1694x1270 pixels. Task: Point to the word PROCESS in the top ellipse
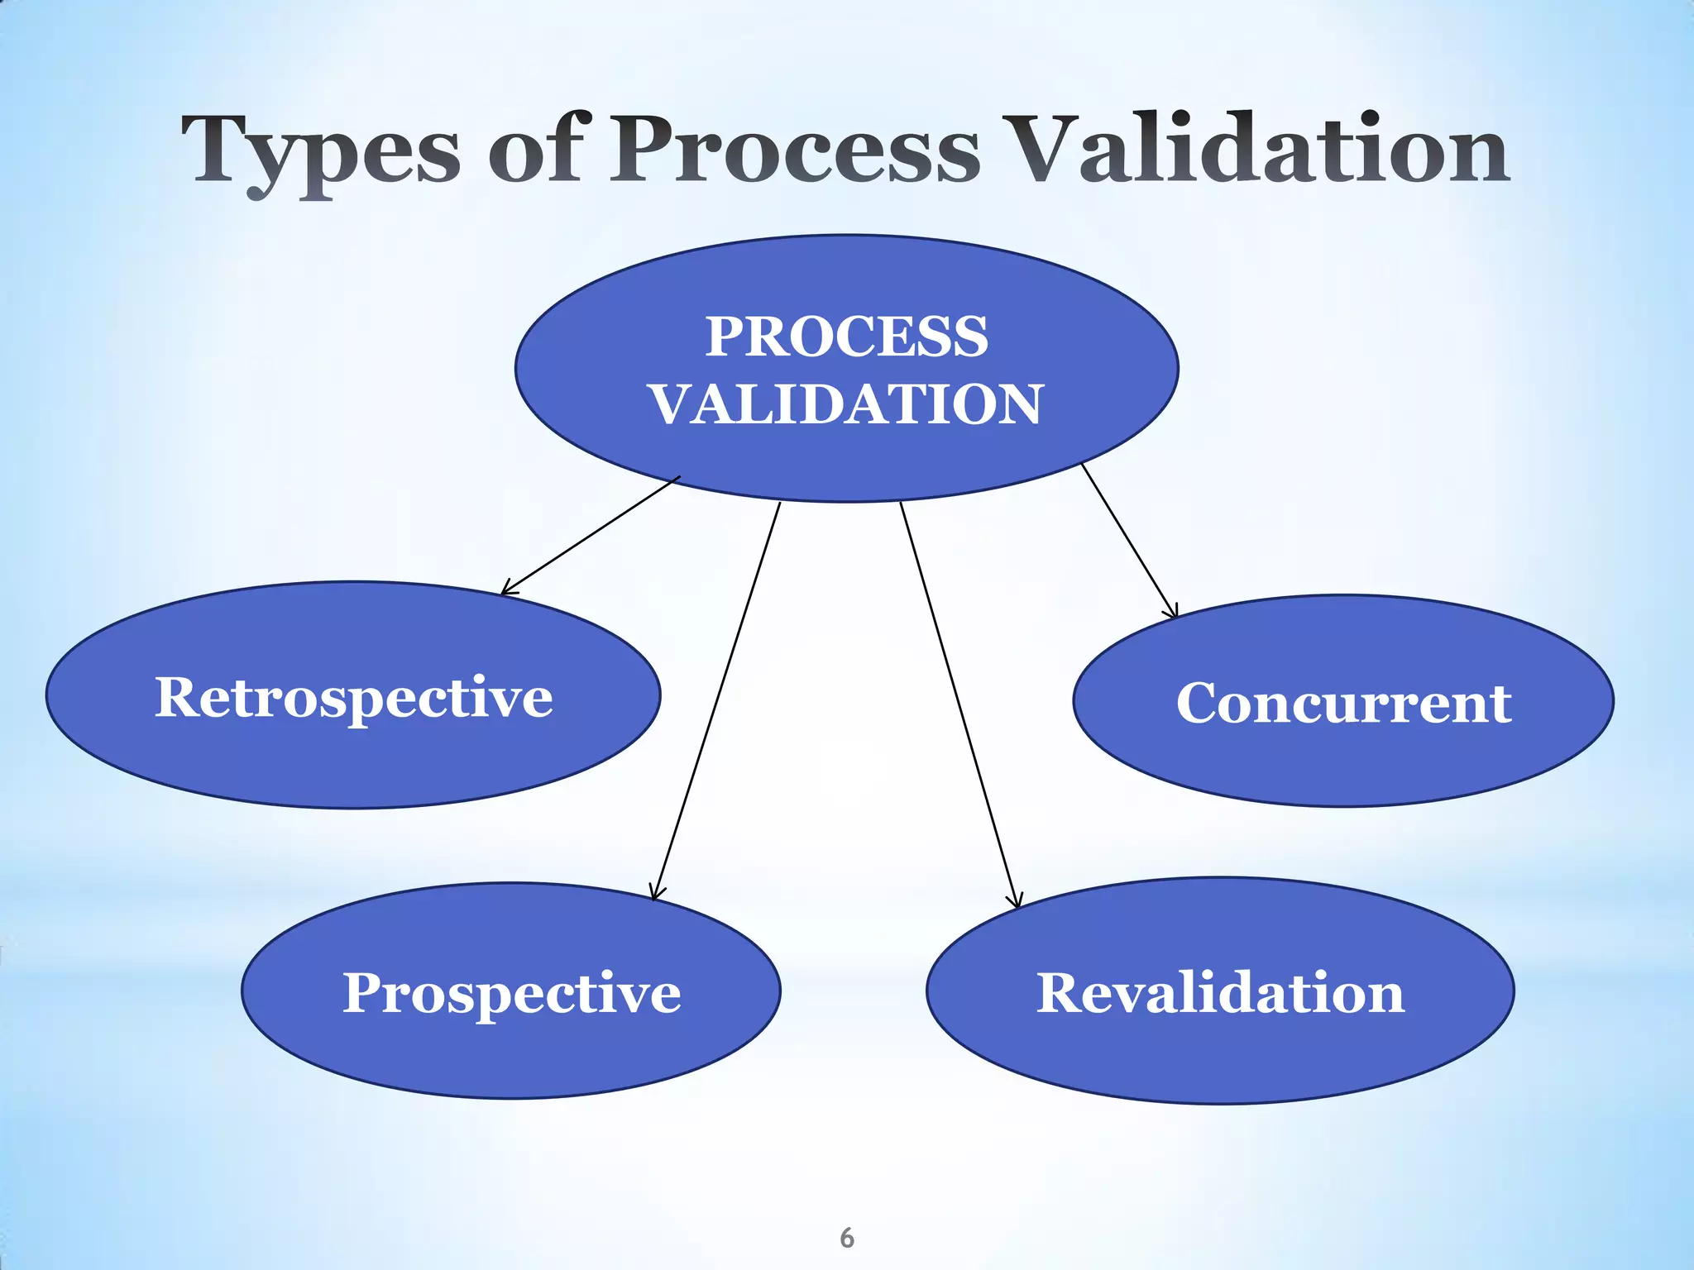coord(846,337)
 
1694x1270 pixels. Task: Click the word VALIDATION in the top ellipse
coord(846,404)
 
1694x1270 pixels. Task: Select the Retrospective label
coord(353,697)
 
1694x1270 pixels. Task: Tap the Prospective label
coord(511,992)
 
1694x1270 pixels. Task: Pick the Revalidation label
coord(1220,992)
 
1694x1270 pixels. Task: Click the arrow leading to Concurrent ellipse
coord(1129,541)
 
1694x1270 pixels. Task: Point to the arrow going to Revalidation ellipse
coord(959,703)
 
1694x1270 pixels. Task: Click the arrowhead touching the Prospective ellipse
coord(656,895)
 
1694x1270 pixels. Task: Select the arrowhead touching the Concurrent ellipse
coord(1172,613)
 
